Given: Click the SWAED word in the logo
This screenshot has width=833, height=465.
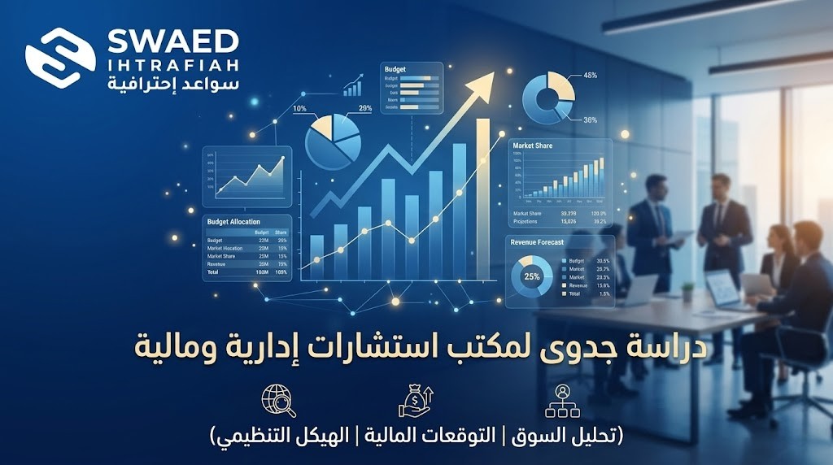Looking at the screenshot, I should click(x=174, y=41).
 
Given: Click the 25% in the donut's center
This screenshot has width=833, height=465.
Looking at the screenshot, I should click(x=532, y=276).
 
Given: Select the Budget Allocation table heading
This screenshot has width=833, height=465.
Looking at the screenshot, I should click(x=233, y=221).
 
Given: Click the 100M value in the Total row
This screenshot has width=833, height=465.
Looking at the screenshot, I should click(x=263, y=272).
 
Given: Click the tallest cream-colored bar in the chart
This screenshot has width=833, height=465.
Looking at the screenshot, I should click(x=483, y=203).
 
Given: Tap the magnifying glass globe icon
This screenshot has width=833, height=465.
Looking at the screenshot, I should click(x=277, y=402).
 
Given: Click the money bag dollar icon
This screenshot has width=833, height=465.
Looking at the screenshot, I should click(x=416, y=401).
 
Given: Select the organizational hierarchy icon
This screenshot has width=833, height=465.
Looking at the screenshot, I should click(x=561, y=402).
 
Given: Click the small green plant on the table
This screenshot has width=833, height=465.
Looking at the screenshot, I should click(x=687, y=289).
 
